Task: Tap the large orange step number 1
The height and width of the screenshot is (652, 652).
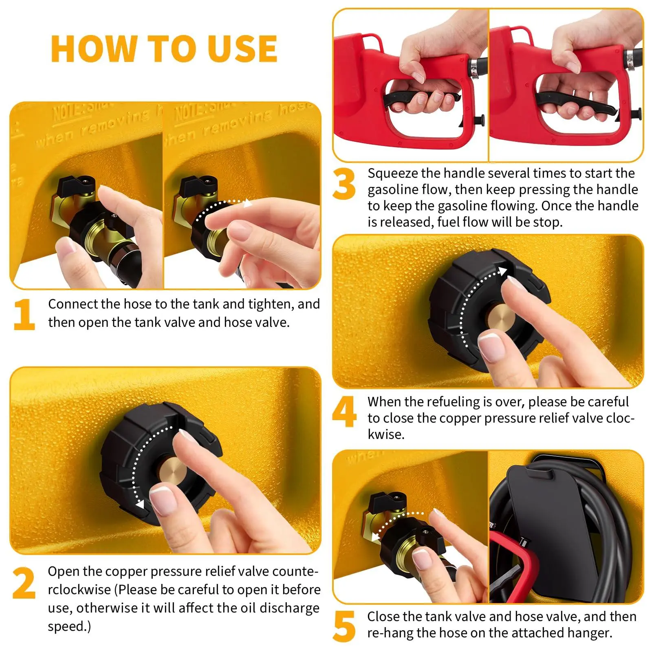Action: (x=24, y=315)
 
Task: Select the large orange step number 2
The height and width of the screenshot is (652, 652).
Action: (x=24, y=583)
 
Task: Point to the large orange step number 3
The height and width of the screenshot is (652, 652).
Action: (x=344, y=184)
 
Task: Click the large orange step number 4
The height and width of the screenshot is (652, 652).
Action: (x=344, y=412)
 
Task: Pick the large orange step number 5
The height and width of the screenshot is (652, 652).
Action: (x=344, y=626)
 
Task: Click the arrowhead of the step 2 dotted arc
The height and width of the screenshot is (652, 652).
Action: (x=140, y=504)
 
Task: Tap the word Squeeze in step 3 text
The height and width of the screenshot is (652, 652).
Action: (x=393, y=174)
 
